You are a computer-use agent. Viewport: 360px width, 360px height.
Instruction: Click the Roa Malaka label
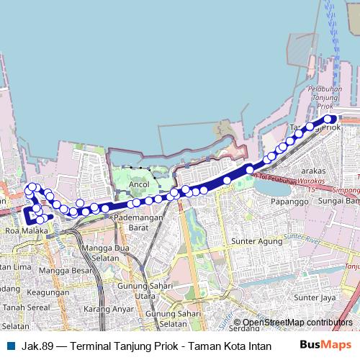point(26,231)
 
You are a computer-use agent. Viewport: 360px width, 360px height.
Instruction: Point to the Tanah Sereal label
point(24,308)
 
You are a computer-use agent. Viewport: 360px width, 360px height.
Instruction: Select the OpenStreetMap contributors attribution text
point(297,323)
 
